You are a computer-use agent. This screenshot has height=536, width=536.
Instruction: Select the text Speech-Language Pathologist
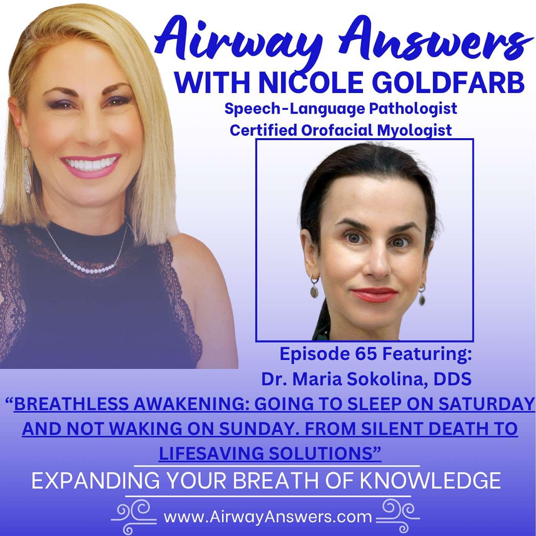(x=341, y=108)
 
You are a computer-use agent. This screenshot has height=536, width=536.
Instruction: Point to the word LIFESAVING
(x=212, y=453)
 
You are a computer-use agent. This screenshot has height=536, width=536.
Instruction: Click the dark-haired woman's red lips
(x=374, y=294)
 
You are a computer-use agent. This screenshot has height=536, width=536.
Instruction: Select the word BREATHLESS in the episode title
(x=72, y=404)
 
